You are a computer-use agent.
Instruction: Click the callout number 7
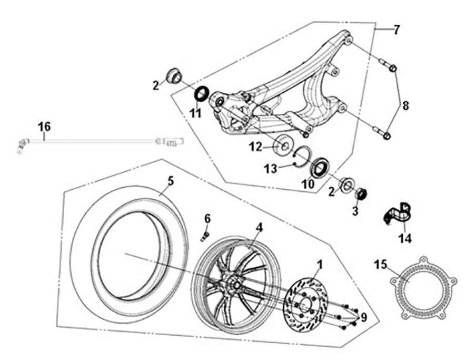click(x=396, y=30)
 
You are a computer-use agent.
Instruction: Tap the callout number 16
click(x=44, y=127)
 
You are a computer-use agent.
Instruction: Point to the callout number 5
click(x=170, y=181)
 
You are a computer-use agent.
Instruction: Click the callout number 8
click(x=405, y=105)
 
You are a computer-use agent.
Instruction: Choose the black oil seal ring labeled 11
click(x=202, y=94)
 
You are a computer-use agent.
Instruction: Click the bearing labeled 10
click(x=319, y=167)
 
